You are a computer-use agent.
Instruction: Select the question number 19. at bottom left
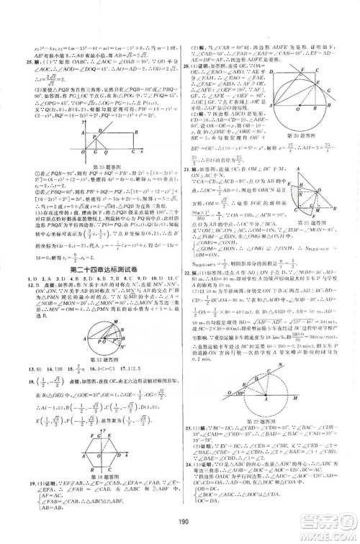[x=9, y=481]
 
